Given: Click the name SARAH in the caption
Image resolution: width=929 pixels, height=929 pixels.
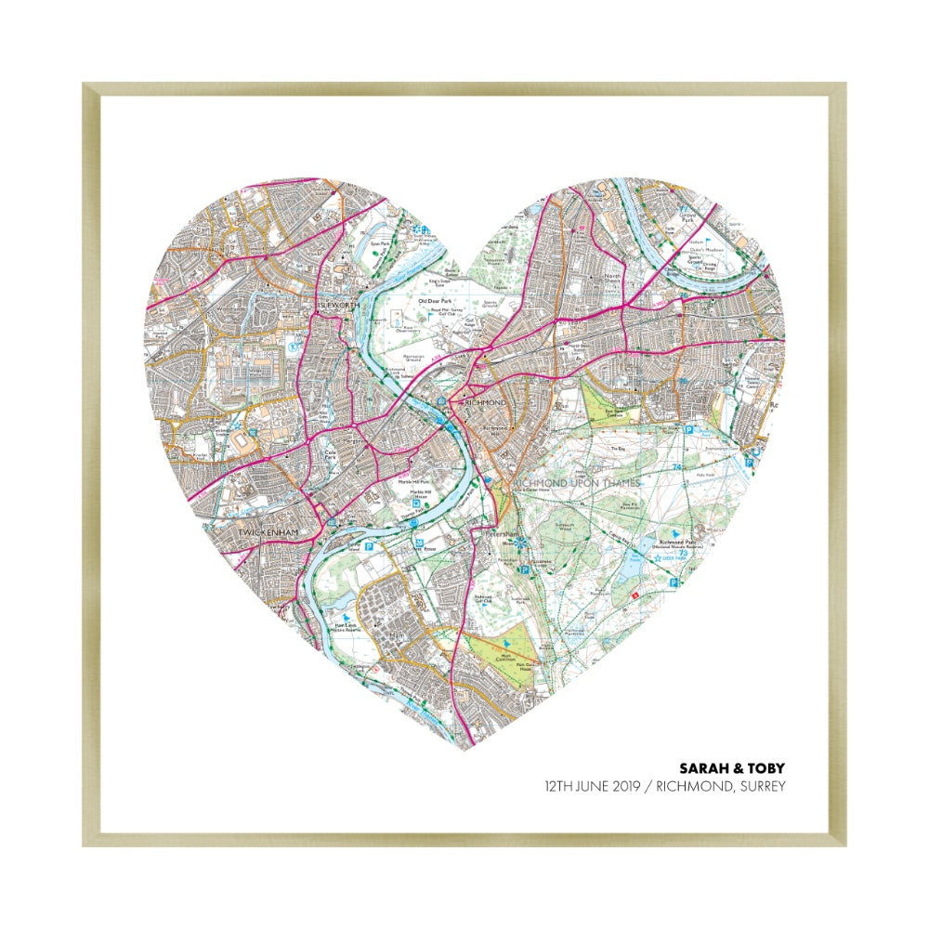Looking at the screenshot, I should coord(704,768).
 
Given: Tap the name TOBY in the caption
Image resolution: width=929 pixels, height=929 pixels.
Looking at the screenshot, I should coord(765,768).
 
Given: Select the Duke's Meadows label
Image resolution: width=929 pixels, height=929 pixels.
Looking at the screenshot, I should coord(708,249).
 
